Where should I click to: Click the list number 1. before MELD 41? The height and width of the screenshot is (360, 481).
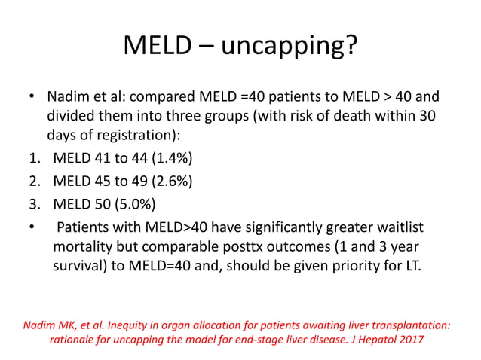32,160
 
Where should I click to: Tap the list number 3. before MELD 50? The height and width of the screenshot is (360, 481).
32,203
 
